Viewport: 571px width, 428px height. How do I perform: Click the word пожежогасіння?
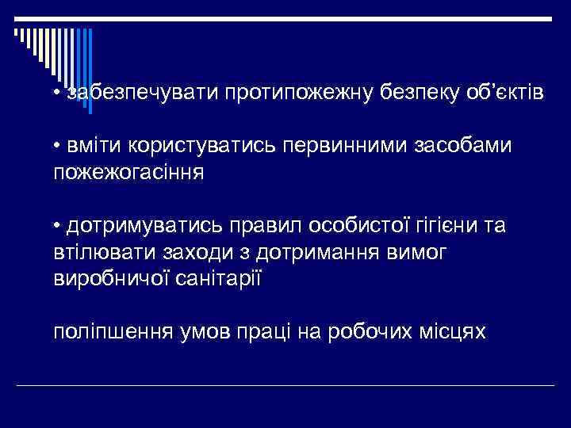coord(128,172)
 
